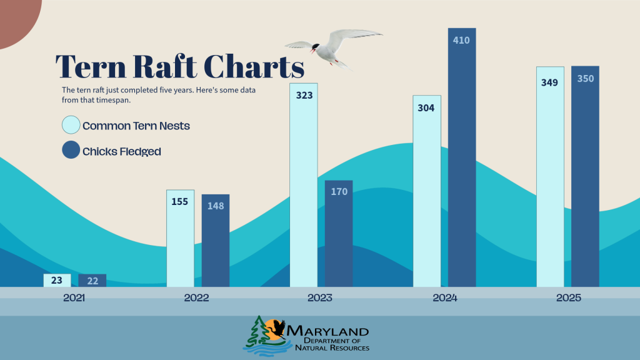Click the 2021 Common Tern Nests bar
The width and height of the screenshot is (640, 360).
click(57, 281)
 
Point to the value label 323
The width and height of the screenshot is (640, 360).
click(304, 96)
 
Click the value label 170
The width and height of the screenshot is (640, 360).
click(339, 192)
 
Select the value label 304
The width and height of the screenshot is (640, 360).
click(426, 107)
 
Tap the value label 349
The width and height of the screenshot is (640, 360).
click(550, 82)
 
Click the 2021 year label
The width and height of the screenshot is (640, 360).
click(74, 298)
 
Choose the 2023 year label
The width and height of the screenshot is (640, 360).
click(320, 298)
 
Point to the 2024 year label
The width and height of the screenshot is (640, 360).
click(445, 298)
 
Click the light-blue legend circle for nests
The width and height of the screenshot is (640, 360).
click(71, 125)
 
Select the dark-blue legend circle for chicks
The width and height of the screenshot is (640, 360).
click(71, 150)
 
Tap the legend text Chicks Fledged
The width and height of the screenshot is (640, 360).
click(121, 151)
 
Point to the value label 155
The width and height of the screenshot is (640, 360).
click(180, 202)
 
